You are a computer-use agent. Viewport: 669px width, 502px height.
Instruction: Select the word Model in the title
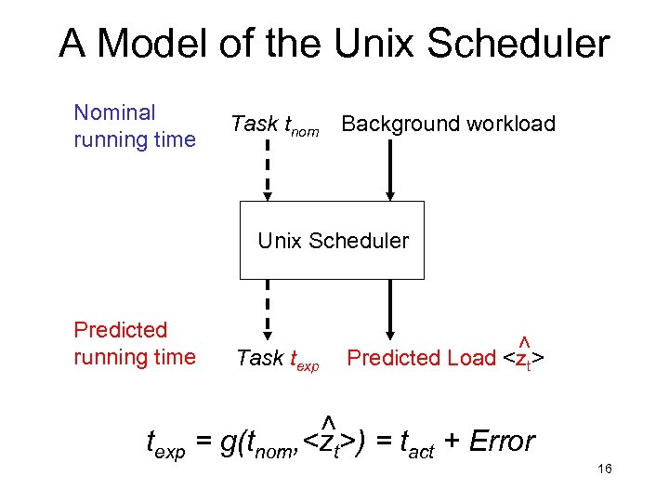click(152, 44)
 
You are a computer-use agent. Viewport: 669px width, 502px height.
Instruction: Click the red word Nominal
click(114, 113)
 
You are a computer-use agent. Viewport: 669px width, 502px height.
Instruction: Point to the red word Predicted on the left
click(120, 330)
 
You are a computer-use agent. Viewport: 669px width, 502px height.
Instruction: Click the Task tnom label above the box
click(274, 125)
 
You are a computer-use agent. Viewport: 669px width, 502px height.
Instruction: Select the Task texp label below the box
click(277, 358)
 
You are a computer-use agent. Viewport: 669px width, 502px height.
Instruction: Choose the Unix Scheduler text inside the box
click(333, 241)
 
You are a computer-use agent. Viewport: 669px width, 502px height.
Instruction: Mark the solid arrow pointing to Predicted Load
click(391, 311)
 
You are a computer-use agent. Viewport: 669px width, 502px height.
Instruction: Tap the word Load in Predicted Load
click(472, 358)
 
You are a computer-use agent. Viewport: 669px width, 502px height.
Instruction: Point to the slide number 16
click(604, 469)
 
